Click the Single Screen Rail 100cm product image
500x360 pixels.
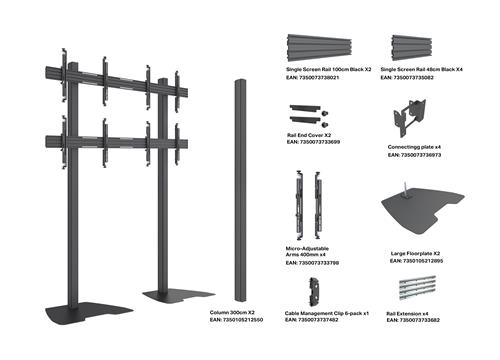click(x=319, y=43)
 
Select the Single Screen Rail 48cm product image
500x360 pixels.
click(x=412, y=44)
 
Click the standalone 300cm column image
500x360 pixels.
click(x=238, y=190)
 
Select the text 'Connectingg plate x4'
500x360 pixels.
click(x=414, y=146)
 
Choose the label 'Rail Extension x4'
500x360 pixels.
click(x=407, y=313)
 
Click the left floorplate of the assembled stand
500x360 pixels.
click(x=91, y=312)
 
